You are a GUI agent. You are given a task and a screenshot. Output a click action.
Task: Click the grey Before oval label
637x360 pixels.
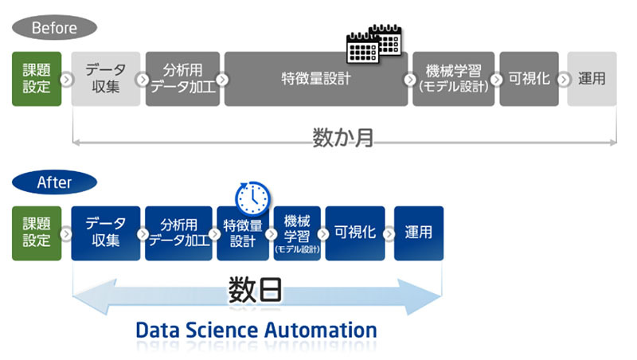coord(54,28)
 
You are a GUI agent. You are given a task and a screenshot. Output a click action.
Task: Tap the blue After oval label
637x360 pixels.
coord(54,182)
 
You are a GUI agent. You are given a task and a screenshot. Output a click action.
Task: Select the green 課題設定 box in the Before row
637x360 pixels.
coord(37,79)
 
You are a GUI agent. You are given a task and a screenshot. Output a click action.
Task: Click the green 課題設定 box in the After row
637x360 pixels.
coord(37,233)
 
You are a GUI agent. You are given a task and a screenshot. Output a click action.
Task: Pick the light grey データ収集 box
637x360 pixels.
coord(106,79)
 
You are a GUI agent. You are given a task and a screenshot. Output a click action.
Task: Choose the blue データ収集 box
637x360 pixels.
coord(106,233)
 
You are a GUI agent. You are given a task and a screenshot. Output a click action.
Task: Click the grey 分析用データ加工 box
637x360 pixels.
coord(183,79)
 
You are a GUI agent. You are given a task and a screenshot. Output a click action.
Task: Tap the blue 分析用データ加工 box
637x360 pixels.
coord(178,233)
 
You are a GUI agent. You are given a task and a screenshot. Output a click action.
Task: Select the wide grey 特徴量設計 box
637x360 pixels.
coord(316,79)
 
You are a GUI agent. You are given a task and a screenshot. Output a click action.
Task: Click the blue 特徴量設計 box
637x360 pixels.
coord(243,233)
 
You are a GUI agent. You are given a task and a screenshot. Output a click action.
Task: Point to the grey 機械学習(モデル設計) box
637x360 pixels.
coord(454,79)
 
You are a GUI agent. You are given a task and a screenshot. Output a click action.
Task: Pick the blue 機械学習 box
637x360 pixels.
coord(297,233)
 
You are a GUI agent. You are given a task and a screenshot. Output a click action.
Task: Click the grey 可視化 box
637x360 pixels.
coord(529,79)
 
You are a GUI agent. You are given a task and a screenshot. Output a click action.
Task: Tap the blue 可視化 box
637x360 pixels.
coord(355,233)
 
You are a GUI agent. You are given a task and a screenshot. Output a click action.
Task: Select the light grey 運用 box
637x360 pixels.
coord(592,79)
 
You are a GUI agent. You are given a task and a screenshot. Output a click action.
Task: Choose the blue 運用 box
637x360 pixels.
coord(419,233)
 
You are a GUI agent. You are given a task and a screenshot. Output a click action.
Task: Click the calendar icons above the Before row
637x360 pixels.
coord(374,44)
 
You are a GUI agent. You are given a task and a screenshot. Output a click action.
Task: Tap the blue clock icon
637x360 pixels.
coord(252,198)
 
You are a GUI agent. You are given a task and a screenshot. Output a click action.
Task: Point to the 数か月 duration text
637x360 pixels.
coord(343,137)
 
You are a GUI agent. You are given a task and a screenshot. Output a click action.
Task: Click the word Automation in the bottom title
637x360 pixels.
coord(322,330)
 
